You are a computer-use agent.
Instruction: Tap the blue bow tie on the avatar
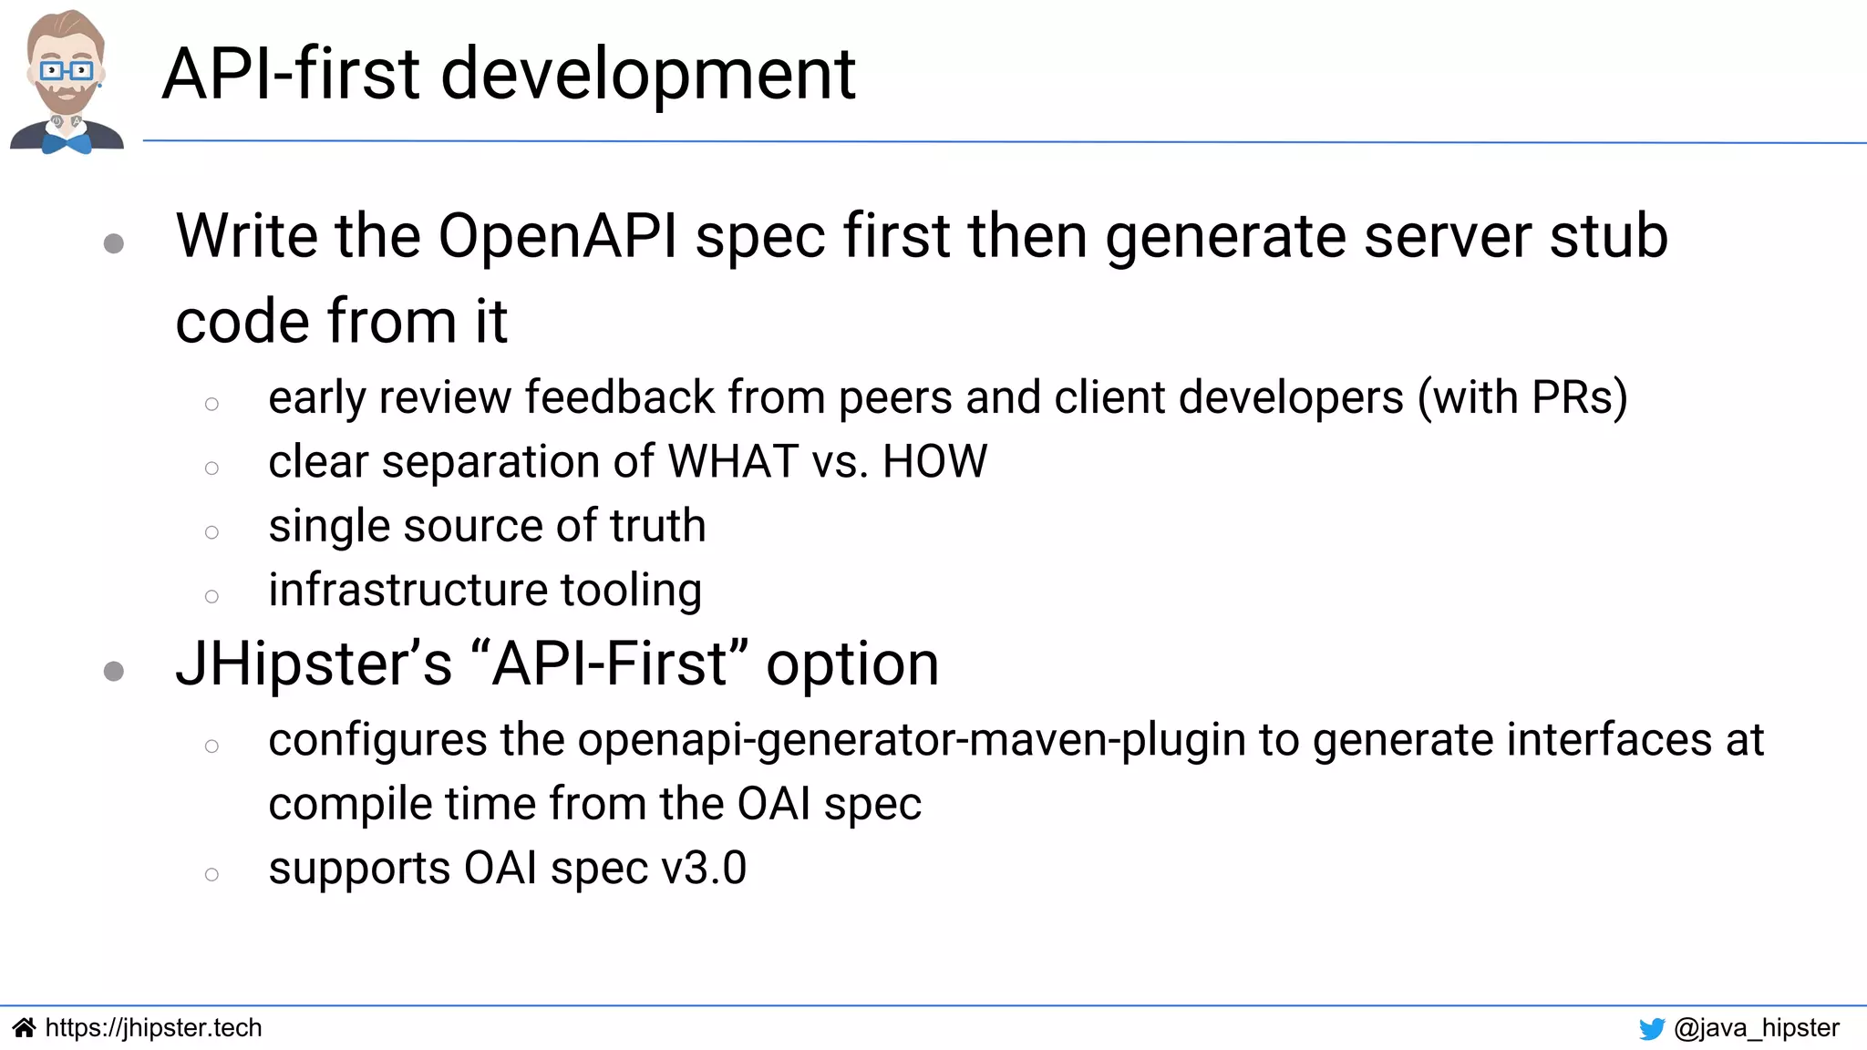point(66,143)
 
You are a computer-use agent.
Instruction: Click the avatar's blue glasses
point(66,70)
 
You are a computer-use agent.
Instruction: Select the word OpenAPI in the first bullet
point(558,237)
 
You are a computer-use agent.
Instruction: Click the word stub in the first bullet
point(1608,237)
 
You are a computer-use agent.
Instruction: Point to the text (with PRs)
point(1521,398)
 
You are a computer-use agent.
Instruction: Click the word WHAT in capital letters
point(734,461)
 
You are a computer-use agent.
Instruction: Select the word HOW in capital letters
point(934,461)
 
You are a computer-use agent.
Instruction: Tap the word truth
point(657,526)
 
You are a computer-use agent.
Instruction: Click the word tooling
point(631,591)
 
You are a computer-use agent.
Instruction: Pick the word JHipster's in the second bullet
point(314,664)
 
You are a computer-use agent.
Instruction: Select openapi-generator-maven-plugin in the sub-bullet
point(911,740)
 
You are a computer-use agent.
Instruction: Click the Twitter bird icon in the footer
point(1652,1029)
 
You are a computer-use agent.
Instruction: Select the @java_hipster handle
point(1757,1028)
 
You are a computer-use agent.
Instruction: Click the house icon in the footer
point(25,1028)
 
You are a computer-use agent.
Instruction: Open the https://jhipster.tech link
point(153,1028)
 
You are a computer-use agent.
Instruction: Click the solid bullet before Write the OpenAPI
point(114,243)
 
